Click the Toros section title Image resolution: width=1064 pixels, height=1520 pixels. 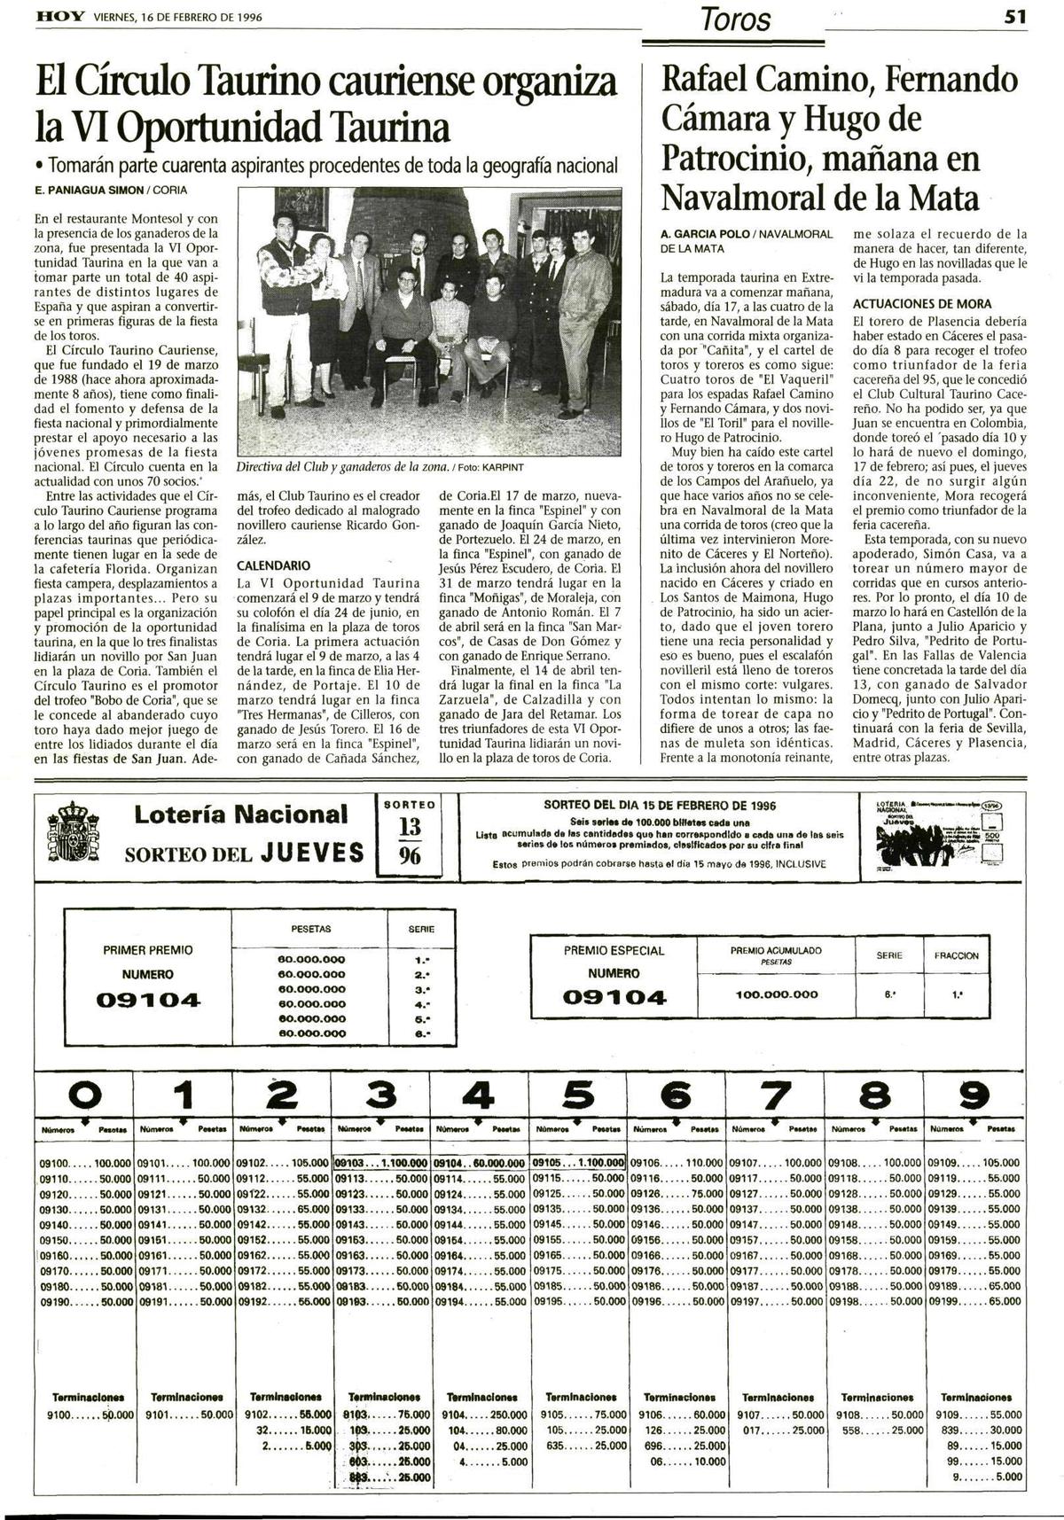(735, 19)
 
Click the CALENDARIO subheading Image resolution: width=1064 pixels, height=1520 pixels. (273, 565)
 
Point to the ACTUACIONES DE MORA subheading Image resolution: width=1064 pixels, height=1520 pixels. (922, 304)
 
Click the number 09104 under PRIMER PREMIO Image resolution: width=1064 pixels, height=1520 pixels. (149, 1001)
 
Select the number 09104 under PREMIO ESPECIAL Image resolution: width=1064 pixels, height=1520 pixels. (614, 997)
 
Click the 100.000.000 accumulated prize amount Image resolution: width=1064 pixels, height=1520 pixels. (777, 994)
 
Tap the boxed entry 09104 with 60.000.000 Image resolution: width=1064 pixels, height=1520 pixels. (480, 1162)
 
